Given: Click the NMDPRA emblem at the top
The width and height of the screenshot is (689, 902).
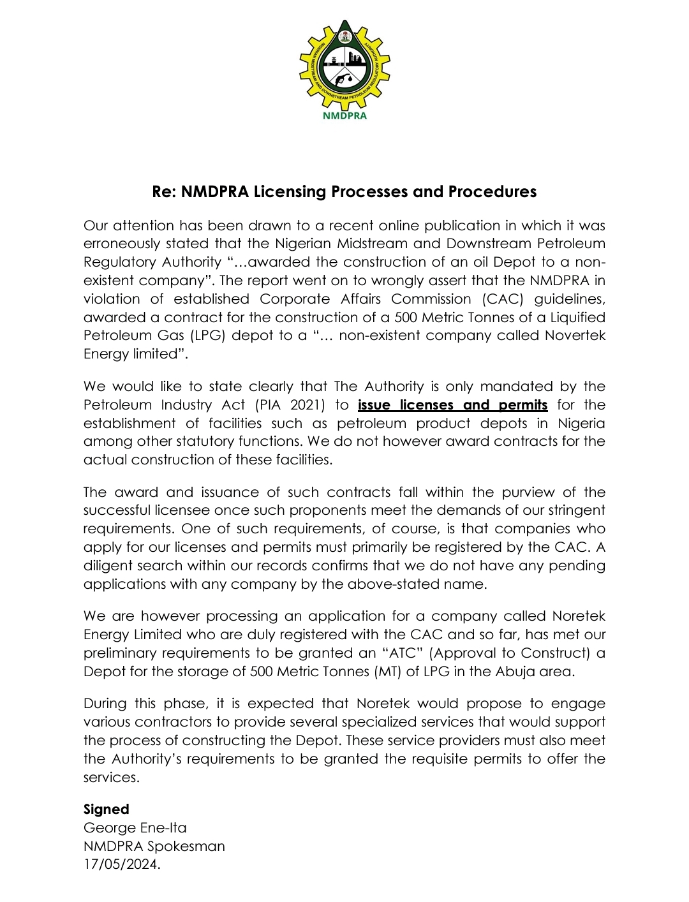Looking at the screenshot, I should point(344,64).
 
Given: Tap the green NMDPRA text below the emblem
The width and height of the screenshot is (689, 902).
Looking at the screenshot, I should point(344,116).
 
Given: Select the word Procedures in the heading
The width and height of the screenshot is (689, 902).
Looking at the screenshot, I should point(492,191).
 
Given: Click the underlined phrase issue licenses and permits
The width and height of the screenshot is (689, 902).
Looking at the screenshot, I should point(452,405).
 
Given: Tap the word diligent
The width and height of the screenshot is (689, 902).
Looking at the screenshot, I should point(107,566).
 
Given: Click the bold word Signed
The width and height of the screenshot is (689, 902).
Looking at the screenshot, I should point(106,810).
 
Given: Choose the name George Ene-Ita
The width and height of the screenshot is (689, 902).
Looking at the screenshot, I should point(135,828).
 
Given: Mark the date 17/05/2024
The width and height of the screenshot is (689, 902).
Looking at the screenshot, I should point(121,865).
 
